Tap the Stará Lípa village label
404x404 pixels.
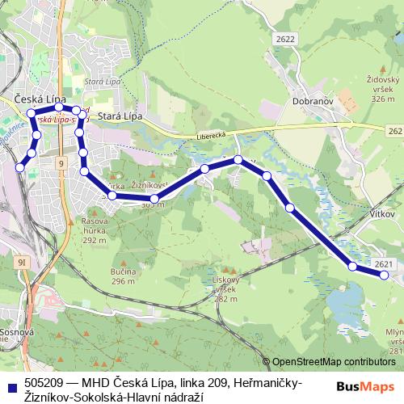coord(120,116)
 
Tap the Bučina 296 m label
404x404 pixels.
coord(123,276)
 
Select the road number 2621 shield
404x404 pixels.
coord(385,264)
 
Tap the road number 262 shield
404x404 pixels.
coord(394,130)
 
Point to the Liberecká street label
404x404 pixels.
coord(212,137)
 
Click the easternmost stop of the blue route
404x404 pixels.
coord(384,276)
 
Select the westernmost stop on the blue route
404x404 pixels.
coord(20,167)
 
